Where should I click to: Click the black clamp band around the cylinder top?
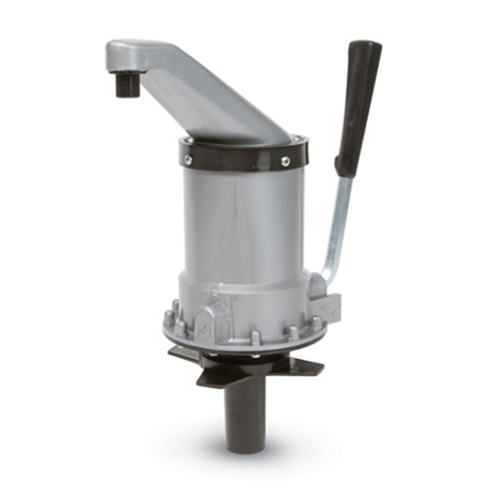point(238,159)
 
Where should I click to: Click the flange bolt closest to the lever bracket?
point(316,321)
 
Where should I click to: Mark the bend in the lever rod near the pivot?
point(328,273)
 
